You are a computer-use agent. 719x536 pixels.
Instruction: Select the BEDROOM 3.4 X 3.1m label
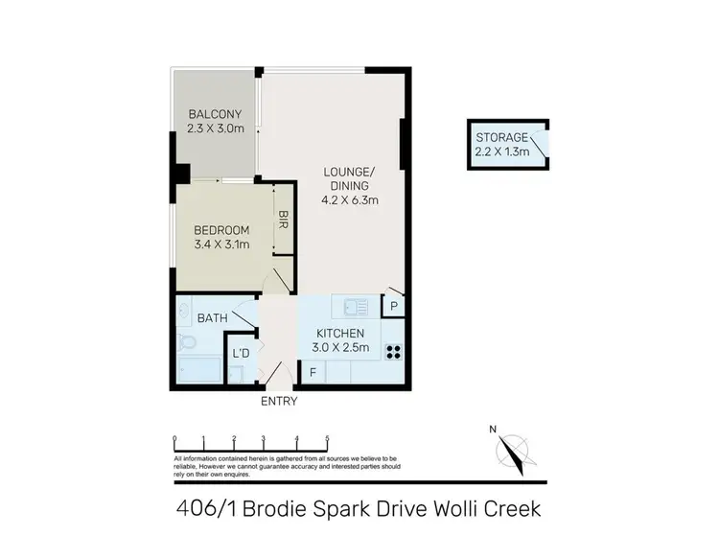221,237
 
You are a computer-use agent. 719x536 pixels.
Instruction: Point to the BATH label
211,317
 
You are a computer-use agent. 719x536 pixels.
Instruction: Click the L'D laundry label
241,354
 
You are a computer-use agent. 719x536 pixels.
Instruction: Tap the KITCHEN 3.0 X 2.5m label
342,341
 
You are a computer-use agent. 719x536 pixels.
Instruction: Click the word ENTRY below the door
279,401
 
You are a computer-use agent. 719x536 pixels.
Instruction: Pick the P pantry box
393,306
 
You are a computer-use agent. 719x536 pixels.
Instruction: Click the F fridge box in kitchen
313,373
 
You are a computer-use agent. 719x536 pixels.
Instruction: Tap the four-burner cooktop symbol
393,351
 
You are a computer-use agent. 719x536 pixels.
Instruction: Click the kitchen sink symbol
356,308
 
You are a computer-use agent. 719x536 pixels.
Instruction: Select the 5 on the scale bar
328,439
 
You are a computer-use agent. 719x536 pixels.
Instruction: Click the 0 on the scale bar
174,439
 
